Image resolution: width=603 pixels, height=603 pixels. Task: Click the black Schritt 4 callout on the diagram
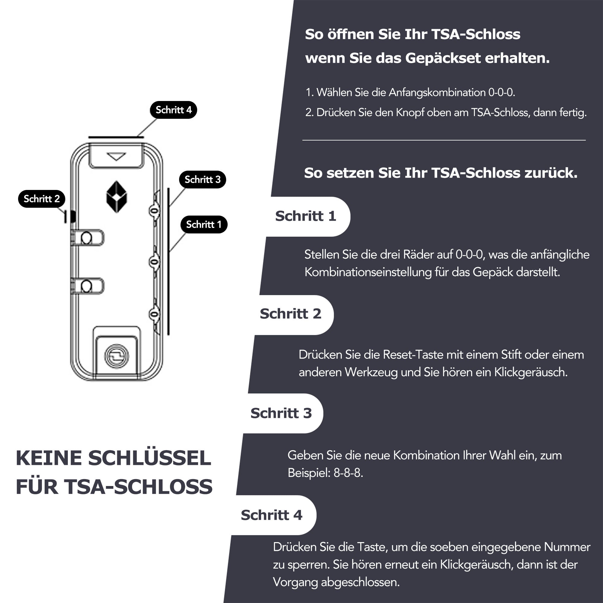pyautogui.click(x=173, y=110)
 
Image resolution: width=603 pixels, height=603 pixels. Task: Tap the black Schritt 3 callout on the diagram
pyautogui.click(x=203, y=179)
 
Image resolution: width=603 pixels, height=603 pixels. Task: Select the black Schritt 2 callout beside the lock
pyautogui.click(x=42, y=199)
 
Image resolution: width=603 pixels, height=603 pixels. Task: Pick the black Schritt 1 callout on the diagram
pyautogui.click(x=204, y=224)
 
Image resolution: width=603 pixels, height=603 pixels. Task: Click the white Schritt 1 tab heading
pyautogui.click(x=305, y=216)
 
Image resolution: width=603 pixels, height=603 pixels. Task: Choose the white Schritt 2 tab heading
pyautogui.click(x=290, y=314)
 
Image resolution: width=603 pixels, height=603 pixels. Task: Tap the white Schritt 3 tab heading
pyautogui.click(x=281, y=413)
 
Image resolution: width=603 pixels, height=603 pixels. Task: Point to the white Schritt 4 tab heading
pyautogui.click(x=272, y=515)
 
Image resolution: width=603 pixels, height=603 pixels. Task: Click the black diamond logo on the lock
pyautogui.click(x=117, y=197)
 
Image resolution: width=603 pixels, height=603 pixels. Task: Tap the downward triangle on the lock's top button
pyautogui.click(x=116, y=156)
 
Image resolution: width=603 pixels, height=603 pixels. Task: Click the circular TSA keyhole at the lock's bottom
pyautogui.click(x=116, y=356)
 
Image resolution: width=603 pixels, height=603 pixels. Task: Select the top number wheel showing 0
pyautogui.click(x=154, y=211)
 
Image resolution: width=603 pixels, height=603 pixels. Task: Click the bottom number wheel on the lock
pyautogui.click(x=154, y=314)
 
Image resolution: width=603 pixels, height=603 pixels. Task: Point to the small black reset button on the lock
pyautogui.click(x=73, y=216)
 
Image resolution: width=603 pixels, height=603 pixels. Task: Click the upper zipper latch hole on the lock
pyautogui.click(x=87, y=238)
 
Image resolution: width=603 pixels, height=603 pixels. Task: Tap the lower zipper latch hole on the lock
pyautogui.click(x=87, y=286)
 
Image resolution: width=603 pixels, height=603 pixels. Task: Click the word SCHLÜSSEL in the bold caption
pyautogui.click(x=150, y=458)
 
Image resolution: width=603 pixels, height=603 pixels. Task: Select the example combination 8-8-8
pyautogui.click(x=348, y=473)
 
